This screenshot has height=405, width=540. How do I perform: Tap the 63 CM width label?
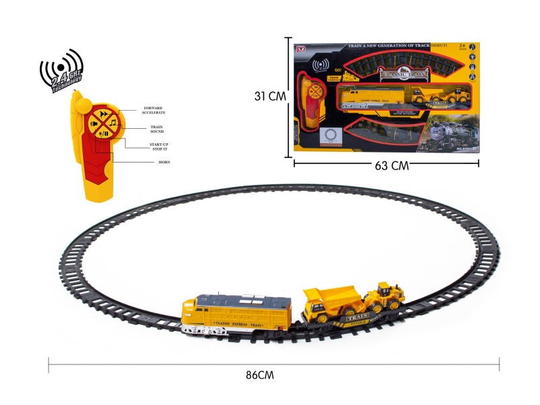click(x=391, y=167)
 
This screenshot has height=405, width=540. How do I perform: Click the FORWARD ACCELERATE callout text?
click(x=153, y=110)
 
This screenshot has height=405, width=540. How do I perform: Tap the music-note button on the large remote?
click(x=110, y=122)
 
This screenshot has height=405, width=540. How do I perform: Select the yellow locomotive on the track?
click(x=236, y=316)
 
